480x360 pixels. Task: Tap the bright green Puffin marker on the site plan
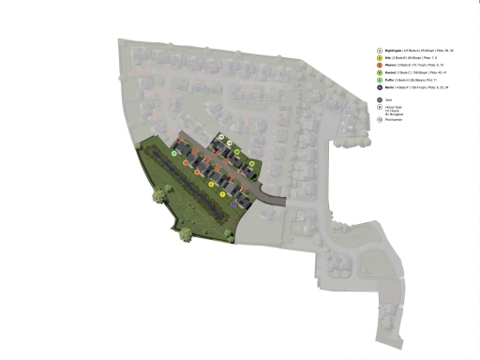[175, 152]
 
